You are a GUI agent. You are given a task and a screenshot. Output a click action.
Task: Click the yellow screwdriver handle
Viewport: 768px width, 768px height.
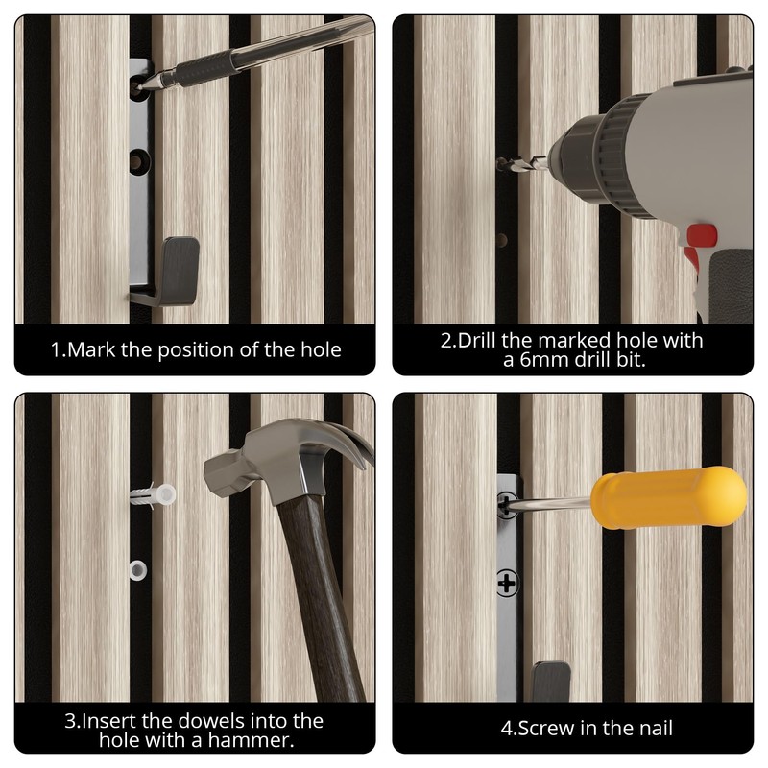(x=668, y=497)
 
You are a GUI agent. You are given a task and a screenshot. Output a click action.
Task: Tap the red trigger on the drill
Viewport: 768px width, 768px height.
(x=702, y=235)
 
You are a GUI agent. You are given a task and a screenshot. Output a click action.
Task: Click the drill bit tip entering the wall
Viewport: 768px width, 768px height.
(x=499, y=163)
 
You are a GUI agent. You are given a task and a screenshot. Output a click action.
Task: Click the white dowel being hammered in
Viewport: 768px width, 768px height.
(x=153, y=495)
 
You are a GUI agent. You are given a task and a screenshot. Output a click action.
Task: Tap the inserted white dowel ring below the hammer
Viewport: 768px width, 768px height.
(x=138, y=570)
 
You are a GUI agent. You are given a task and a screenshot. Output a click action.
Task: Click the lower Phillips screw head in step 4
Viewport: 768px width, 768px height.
(x=508, y=584)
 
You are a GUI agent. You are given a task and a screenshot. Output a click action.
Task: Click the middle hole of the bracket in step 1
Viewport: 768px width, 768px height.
(x=140, y=161)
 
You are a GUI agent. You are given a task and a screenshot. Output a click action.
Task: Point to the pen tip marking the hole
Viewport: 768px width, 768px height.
(x=140, y=87)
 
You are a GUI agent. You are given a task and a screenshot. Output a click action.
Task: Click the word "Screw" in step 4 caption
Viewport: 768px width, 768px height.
(x=544, y=729)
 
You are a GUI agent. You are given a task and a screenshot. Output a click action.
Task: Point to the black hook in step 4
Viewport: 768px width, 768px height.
(x=551, y=682)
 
